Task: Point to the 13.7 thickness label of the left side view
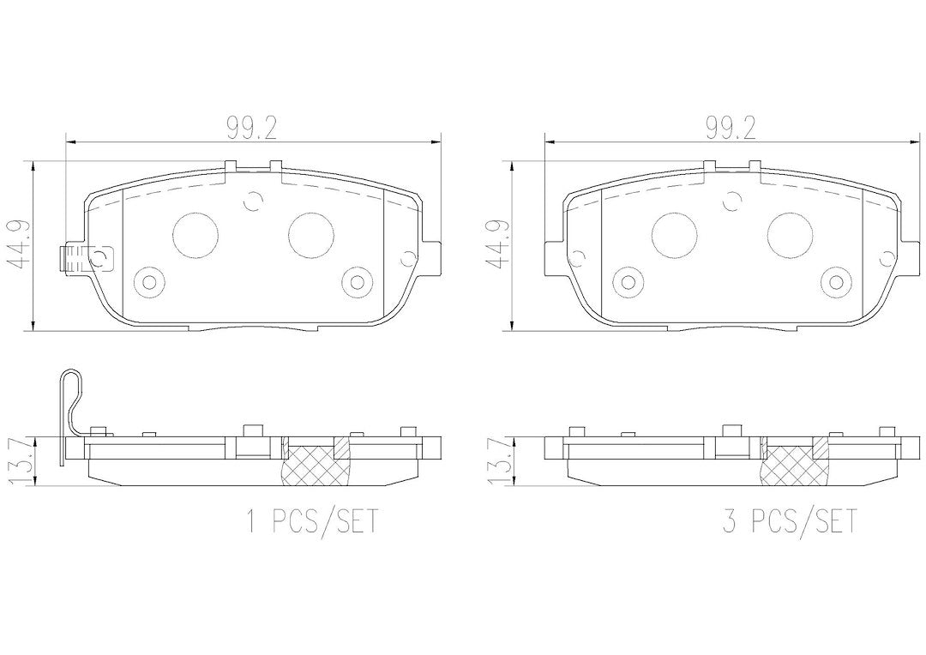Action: pyautogui.click(x=19, y=461)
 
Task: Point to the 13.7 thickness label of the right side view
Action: pyautogui.click(x=498, y=461)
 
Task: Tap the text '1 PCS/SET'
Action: pyautogui.click(x=311, y=521)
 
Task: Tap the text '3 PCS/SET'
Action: pyautogui.click(x=789, y=521)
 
